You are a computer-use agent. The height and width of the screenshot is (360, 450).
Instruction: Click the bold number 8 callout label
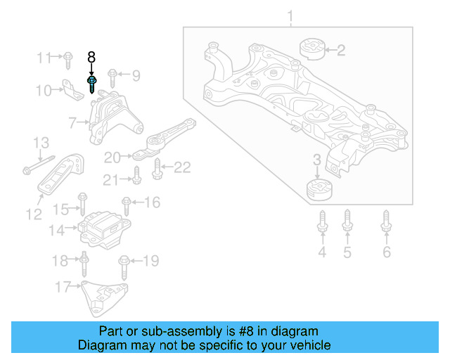tap(91, 57)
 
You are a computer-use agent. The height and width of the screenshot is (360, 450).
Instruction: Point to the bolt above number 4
tap(322, 221)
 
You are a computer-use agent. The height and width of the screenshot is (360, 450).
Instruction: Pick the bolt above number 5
tap(347, 221)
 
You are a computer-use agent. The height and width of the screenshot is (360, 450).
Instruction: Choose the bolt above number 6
tap(386, 221)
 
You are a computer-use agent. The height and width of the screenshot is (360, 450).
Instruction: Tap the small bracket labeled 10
tap(68, 90)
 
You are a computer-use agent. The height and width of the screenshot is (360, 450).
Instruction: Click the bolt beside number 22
tap(157, 168)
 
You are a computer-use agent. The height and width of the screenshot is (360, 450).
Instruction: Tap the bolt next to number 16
tap(127, 205)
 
